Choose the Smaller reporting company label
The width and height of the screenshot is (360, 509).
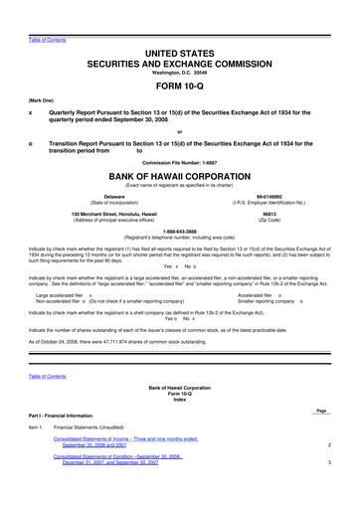[x=269, y=302]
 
